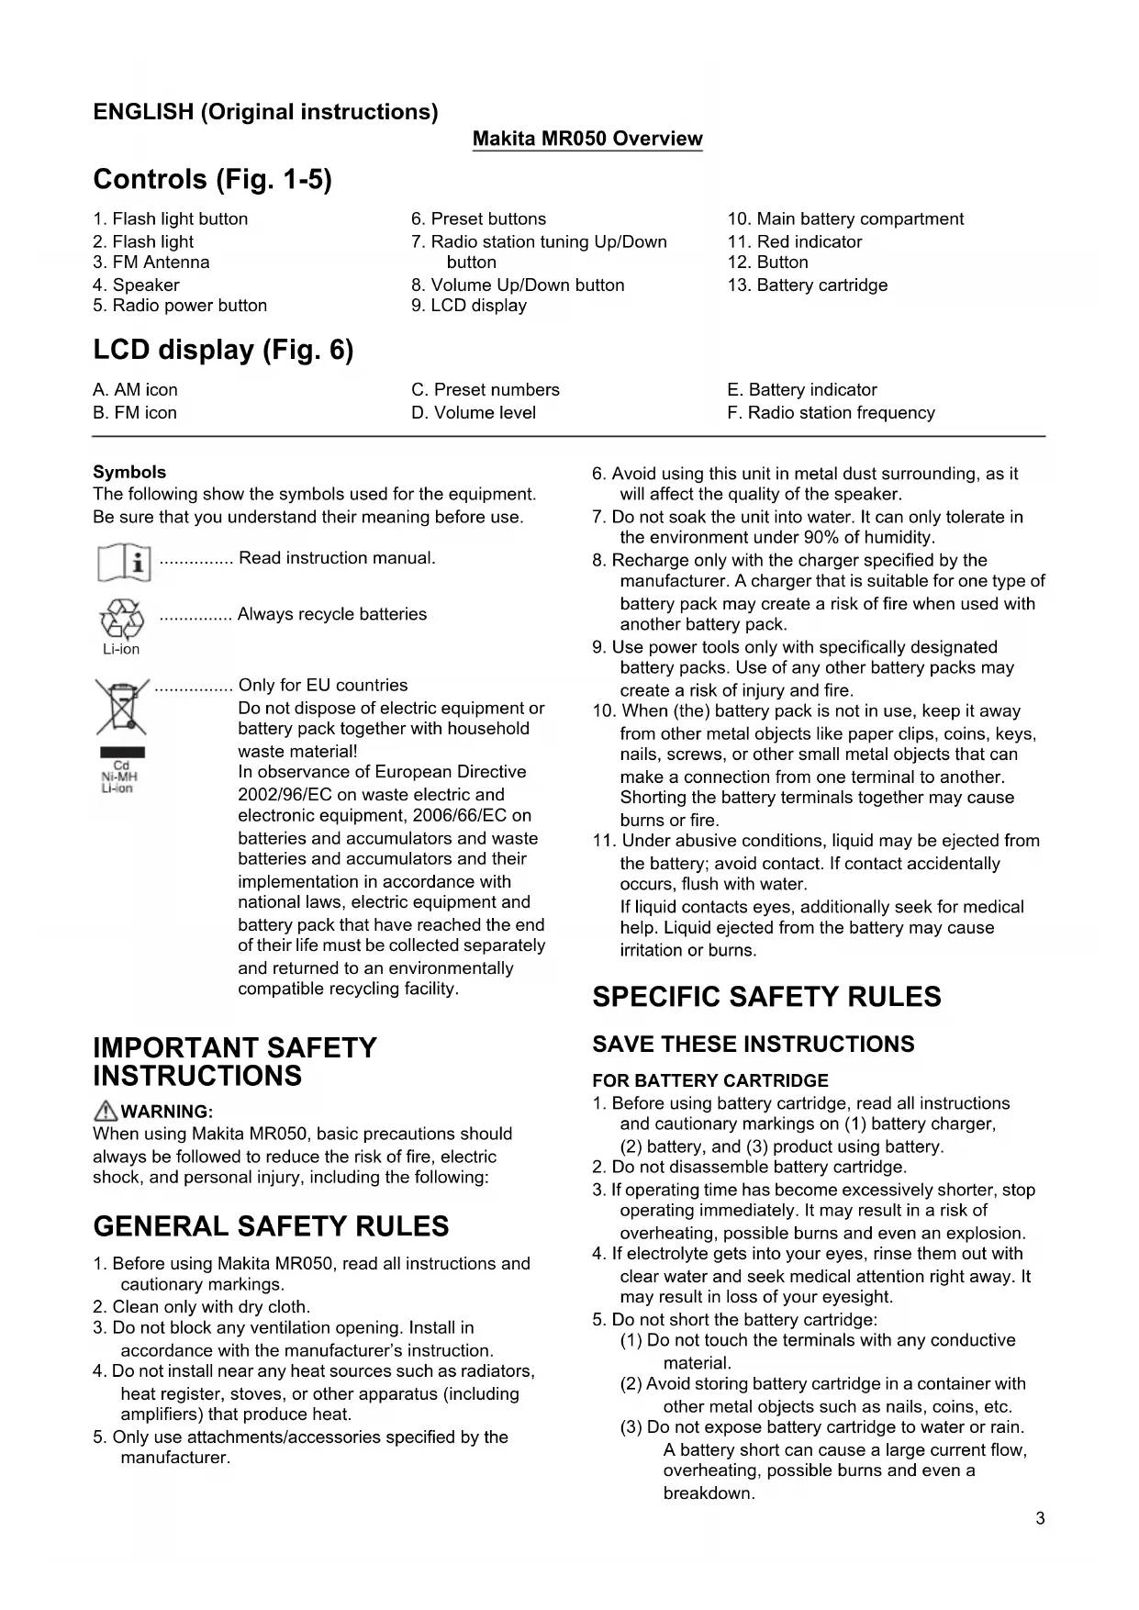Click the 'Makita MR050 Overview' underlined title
point(587,140)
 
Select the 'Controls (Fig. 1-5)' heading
point(212,179)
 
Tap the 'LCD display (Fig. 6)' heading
point(223,350)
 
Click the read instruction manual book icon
point(124,562)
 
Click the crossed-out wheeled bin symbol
point(122,707)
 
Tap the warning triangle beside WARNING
point(106,1111)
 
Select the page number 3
point(1040,1518)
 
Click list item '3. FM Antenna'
point(151,263)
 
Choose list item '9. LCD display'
point(469,306)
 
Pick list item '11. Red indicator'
point(795,242)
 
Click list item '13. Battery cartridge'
point(808,285)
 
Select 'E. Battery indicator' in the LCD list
point(802,390)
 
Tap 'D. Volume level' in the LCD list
point(474,413)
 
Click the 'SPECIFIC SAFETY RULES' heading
point(766,997)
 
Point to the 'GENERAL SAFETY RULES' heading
point(271,1226)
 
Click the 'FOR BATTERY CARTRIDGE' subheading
point(710,1080)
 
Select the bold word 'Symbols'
point(129,473)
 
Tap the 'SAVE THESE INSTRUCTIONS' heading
point(754,1045)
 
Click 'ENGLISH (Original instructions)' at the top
point(265,112)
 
